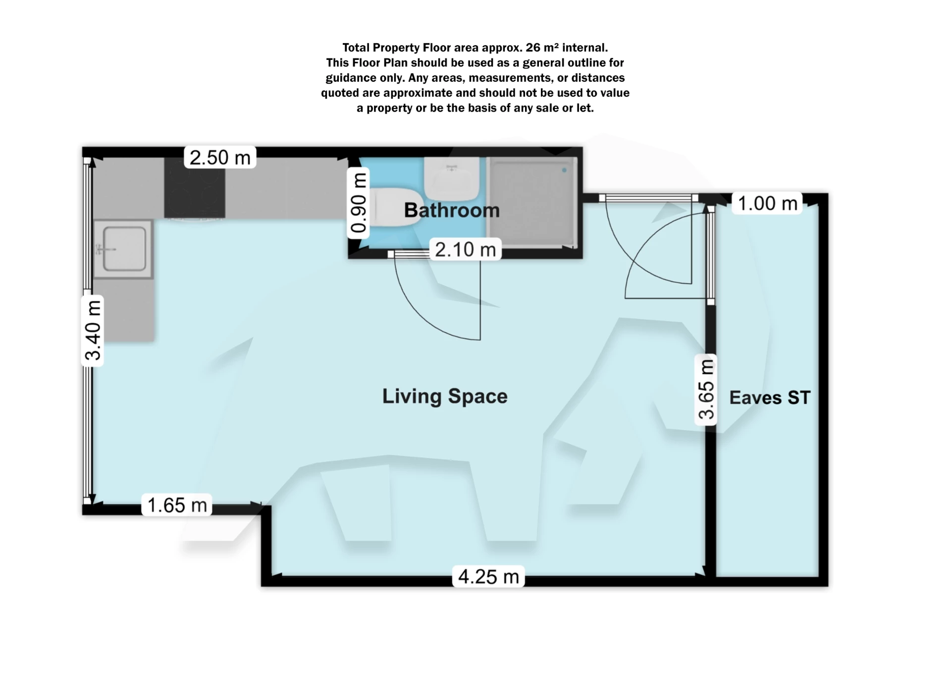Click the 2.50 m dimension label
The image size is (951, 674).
tap(220, 158)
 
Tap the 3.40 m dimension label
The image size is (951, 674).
tap(93, 330)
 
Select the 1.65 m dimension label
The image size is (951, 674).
tap(177, 505)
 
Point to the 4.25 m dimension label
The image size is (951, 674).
tap(488, 576)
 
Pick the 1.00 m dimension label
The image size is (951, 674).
tap(767, 203)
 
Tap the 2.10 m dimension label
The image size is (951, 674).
tap(465, 249)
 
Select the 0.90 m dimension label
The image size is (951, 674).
tap(358, 203)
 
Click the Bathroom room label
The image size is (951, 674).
tap(452, 210)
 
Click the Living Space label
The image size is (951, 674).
tap(445, 396)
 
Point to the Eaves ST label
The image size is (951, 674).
tap(770, 397)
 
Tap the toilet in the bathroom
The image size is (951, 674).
tap(394, 207)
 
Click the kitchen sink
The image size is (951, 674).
tap(124, 249)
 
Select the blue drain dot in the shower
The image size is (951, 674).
tap(564, 170)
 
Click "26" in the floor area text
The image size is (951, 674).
tap(532, 48)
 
